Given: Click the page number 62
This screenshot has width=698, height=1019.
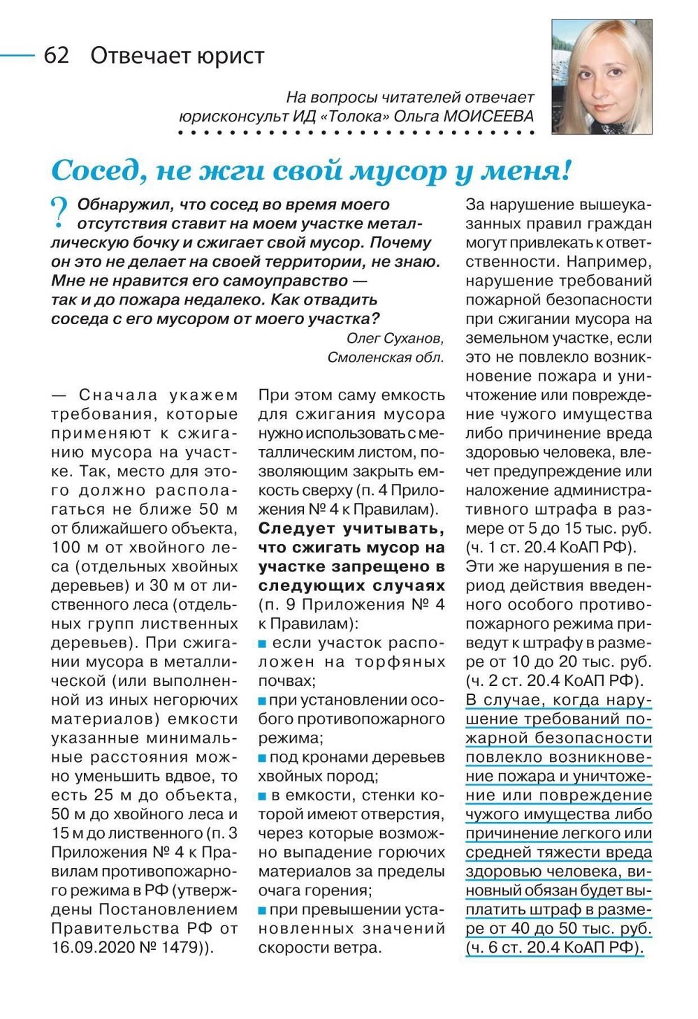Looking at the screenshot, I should click(57, 55).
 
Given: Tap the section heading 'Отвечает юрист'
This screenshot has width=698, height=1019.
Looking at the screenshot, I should click(177, 55).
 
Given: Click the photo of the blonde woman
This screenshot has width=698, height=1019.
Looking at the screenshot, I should click(602, 76).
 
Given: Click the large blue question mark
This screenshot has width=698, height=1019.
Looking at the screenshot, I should click(60, 212).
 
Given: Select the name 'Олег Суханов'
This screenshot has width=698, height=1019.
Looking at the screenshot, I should click(394, 339).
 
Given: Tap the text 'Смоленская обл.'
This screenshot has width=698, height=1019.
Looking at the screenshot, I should click(386, 358).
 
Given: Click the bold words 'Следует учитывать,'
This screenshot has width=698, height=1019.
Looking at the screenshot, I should click(351, 528).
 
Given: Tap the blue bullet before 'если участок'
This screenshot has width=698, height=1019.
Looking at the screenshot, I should click(263, 643).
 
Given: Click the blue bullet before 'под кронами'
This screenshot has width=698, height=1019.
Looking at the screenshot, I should click(263, 758).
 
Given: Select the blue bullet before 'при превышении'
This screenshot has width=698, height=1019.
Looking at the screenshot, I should click(263, 910).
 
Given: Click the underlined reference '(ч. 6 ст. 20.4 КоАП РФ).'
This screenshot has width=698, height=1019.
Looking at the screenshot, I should click(555, 948).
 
